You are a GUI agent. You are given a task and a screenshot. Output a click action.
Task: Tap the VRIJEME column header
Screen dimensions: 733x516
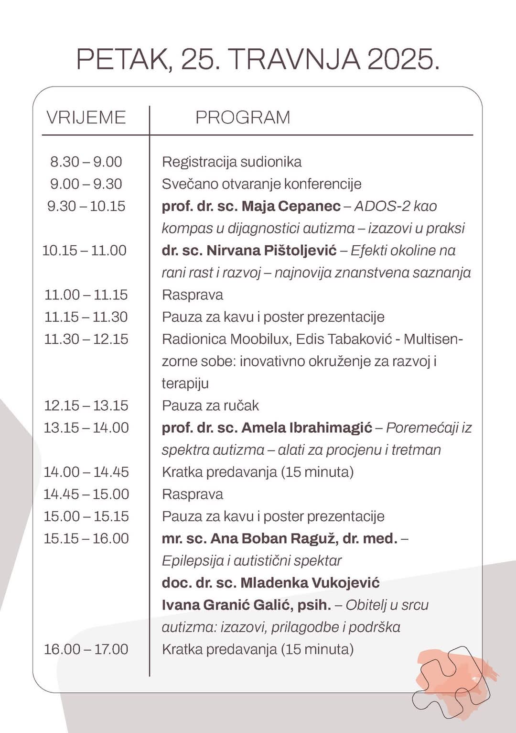pos(86,118)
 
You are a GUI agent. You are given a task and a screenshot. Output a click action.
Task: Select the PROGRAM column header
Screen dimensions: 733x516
pos(243,118)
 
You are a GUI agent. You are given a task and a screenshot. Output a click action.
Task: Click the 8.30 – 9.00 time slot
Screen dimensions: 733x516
pos(86,162)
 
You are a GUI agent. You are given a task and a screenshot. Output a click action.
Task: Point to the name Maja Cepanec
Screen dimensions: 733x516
pos(291,206)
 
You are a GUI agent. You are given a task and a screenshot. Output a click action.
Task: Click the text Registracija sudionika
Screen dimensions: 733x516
pos(232,162)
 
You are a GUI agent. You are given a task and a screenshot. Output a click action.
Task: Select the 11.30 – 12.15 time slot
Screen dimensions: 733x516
pos(86,339)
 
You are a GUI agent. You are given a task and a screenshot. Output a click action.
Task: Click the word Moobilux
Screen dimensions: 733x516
pos(260,339)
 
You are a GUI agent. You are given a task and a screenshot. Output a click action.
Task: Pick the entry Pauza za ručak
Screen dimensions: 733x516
pos(210,405)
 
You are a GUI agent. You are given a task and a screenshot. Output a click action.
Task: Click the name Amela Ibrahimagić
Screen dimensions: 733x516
pos(306,427)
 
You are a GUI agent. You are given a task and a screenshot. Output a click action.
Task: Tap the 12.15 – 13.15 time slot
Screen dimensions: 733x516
pos(86,405)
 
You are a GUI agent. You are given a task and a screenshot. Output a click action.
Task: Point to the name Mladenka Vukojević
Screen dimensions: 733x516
pos(310,583)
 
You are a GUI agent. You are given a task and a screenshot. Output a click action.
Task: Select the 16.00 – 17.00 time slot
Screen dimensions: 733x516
pos(86,649)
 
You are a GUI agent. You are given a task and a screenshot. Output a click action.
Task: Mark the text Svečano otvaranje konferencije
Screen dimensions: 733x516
pos(261,184)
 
